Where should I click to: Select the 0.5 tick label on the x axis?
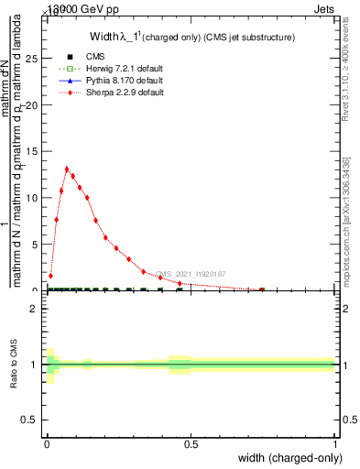(191, 445)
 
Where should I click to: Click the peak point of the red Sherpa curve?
(67, 169)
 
